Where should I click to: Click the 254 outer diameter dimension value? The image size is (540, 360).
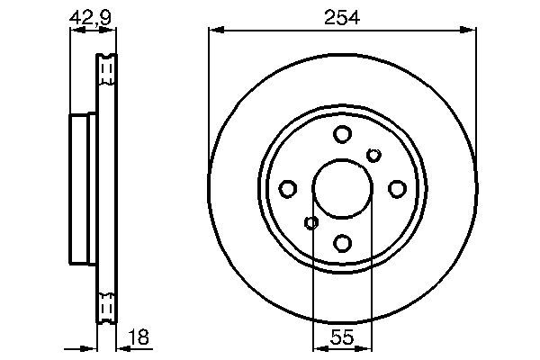point(342,17)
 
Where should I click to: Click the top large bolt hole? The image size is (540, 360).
point(342,135)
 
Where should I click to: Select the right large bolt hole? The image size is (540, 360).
point(396,189)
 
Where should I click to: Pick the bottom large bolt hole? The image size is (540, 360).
point(342,243)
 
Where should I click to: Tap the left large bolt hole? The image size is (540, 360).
point(288,189)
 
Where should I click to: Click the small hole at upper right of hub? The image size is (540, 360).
point(373,155)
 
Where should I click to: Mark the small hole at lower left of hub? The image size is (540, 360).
point(311,223)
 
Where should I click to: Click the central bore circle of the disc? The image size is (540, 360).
point(342,189)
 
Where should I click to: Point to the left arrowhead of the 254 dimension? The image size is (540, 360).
point(214,31)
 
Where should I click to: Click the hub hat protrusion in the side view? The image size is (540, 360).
point(81,189)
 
